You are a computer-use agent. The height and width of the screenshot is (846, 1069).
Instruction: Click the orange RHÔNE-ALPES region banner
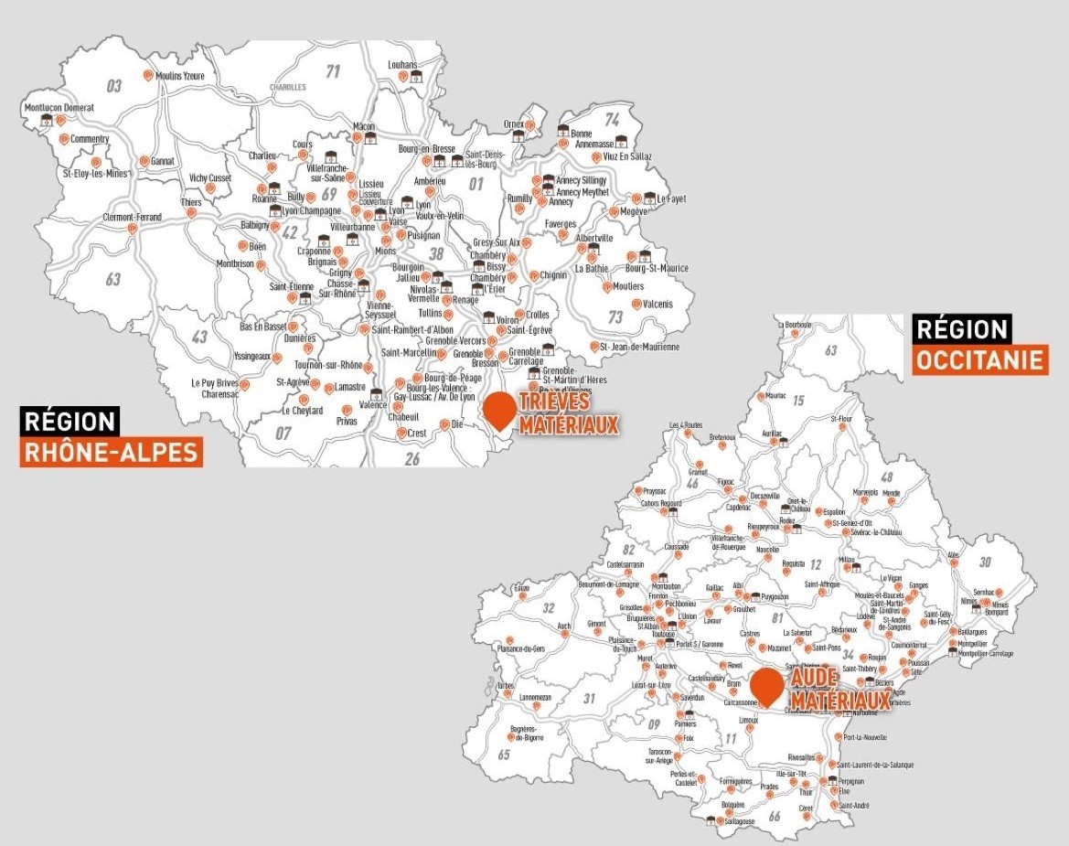coord(111,452)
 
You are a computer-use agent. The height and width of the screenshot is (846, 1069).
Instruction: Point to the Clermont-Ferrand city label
coord(133,218)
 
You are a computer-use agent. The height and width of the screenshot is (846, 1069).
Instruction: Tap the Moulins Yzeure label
coord(181,76)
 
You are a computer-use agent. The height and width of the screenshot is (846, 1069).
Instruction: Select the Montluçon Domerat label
coord(59,107)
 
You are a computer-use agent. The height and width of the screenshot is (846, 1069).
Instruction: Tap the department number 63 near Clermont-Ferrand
coord(112,279)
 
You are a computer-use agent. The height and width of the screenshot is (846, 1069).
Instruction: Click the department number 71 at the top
coord(333,70)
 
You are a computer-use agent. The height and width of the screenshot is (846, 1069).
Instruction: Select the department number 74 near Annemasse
coord(612,119)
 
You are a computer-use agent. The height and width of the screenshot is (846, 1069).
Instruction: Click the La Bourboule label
coord(794,325)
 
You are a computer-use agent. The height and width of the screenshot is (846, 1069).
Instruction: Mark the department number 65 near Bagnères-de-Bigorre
coord(503,755)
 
